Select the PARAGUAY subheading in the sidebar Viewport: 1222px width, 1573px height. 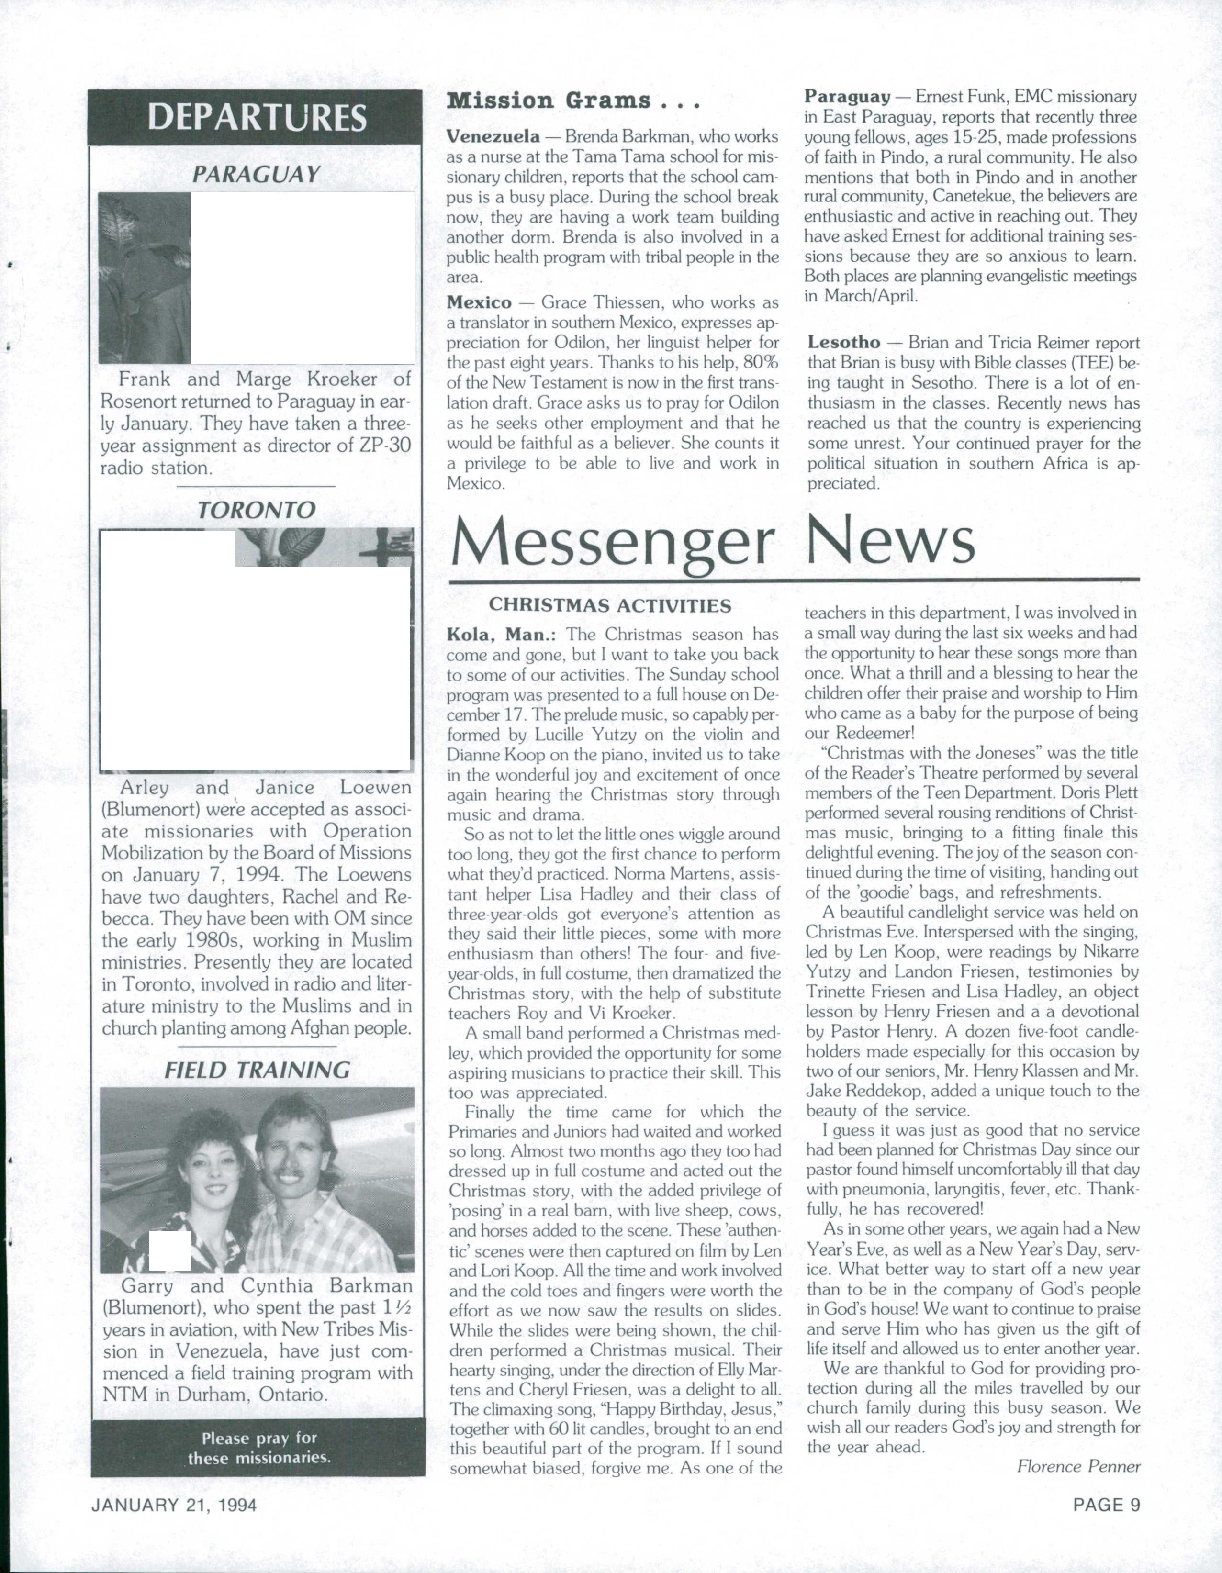click(x=257, y=174)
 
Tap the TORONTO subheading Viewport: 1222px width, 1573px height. click(x=257, y=510)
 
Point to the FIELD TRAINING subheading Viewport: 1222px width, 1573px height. click(x=257, y=1070)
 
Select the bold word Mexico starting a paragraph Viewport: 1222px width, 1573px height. click(x=479, y=302)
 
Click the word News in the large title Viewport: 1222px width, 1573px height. click(x=891, y=542)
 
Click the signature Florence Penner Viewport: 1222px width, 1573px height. click(x=1078, y=1466)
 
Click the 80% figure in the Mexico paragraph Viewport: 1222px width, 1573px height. click(x=758, y=363)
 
